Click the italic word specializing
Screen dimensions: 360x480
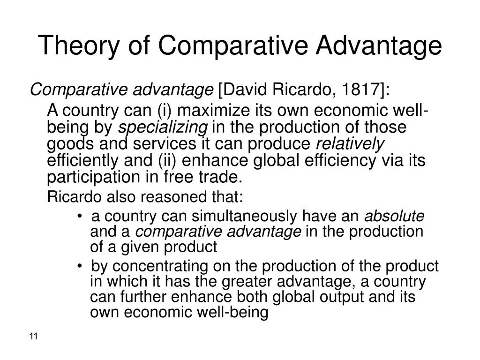(x=162, y=127)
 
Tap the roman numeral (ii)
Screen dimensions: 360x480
(x=166, y=160)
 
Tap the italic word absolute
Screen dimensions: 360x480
(x=394, y=216)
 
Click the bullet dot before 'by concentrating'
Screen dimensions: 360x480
(x=81, y=266)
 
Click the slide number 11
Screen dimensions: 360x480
(x=33, y=337)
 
